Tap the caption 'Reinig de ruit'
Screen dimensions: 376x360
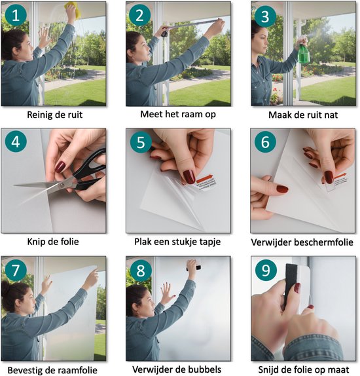pyautogui.click(x=55, y=115)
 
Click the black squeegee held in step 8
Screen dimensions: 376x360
pyautogui.click(x=192, y=266)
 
